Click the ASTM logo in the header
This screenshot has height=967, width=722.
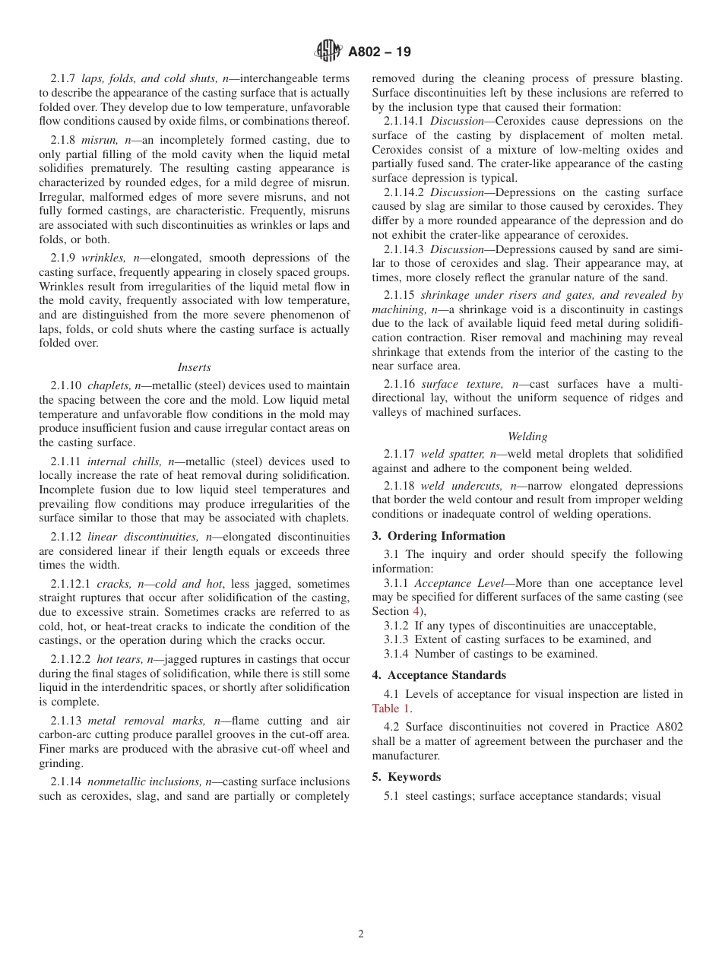click(x=328, y=52)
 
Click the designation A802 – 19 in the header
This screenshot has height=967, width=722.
click(x=379, y=52)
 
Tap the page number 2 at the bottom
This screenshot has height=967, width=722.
click(x=361, y=934)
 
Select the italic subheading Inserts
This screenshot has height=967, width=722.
click(x=195, y=367)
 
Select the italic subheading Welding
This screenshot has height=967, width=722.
click(x=527, y=436)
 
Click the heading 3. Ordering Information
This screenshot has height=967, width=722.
click(x=439, y=536)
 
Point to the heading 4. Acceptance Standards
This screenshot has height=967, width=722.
click(x=439, y=675)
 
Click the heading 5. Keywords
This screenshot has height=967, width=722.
click(x=406, y=777)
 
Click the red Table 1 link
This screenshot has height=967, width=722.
click(x=391, y=709)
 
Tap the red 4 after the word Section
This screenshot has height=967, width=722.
click(x=416, y=611)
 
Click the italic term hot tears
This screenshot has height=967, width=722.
click(x=120, y=660)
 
